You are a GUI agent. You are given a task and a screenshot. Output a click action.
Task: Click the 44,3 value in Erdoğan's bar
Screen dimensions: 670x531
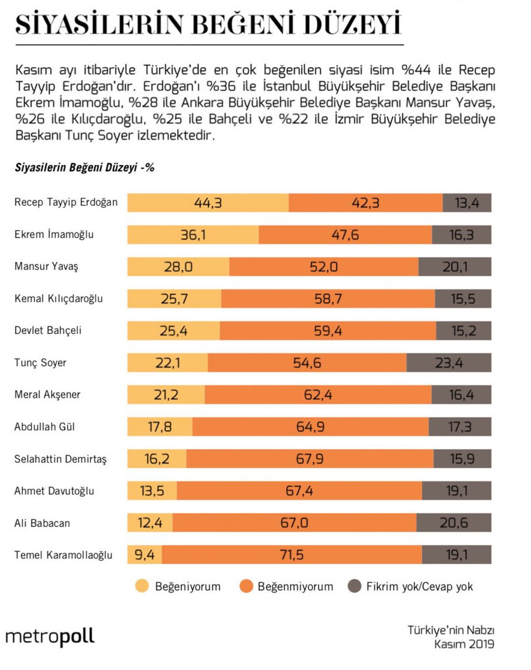(x=208, y=203)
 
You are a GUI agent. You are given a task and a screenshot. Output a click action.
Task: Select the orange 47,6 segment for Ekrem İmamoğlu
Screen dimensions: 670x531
(x=345, y=235)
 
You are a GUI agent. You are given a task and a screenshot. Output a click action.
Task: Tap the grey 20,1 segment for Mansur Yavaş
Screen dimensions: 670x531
(x=455, y=267)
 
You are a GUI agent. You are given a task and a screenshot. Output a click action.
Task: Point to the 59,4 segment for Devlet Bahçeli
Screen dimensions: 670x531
(x=328, y=330)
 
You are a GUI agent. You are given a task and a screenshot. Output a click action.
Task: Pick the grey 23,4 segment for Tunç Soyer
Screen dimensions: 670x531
(x=449, y=363)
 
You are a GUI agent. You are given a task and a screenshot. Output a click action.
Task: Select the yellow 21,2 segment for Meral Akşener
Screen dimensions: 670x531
(x=166, y=395)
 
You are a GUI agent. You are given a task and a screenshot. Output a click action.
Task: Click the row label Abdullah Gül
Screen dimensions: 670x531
(x=45, y=426)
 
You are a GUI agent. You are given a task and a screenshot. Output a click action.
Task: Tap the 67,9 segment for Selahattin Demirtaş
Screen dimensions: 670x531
(x=310, y=459)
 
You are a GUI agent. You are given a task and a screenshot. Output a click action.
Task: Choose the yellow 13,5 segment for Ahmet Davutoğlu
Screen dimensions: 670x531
(x=152, y=491)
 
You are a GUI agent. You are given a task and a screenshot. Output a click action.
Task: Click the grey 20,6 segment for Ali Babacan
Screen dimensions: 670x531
(x=454, y=523)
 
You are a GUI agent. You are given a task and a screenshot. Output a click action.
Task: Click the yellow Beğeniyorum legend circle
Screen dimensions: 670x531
(x=142, y=586)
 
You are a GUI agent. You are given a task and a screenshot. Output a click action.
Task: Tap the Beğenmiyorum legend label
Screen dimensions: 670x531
(x=295, y=587)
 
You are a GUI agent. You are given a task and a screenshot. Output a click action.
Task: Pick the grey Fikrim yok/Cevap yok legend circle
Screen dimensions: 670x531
(x=354, y=586)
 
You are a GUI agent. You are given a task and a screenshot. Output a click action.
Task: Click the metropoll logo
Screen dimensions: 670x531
(x=50, y=636)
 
